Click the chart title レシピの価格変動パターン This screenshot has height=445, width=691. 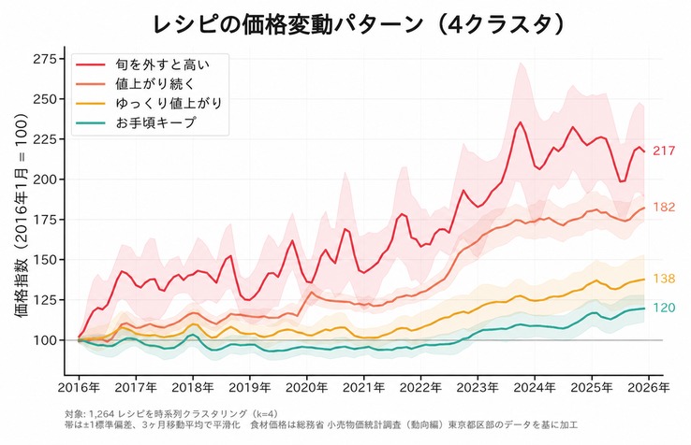pos(287,24)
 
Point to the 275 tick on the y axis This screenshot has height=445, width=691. pos(45,59)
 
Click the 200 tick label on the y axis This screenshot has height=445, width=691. pos(45,179)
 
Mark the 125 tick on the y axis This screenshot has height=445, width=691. pos(45,300)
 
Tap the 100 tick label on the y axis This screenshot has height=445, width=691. pos(45,340)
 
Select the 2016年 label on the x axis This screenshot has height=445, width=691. pos(80,388)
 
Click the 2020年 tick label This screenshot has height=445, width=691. pos(307,388)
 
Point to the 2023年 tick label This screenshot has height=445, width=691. pos(478,388)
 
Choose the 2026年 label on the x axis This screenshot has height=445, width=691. pos(649,388)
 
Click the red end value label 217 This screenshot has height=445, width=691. pos(664,151)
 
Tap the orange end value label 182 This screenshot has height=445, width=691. pos(664,207)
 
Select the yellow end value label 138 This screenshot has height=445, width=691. pos(664,279)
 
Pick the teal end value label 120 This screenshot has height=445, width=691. pos(664,308)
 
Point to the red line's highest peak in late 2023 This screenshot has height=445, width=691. pos(521,122)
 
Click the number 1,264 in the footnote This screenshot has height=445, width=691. pos(102,414)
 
